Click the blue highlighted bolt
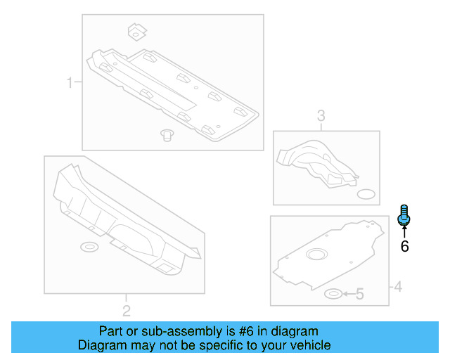click(x=404, y=215)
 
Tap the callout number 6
click(x=404, y=246)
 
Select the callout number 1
click(x=70, y=84)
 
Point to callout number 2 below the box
click(x=126, y=311)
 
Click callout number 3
click(x=321, y=116)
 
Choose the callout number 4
click(x=397, y=286)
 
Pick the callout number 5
click(x=359, y=294)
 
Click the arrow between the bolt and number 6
click(x=404, y=231)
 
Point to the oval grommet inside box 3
click(x=367, y=193)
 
